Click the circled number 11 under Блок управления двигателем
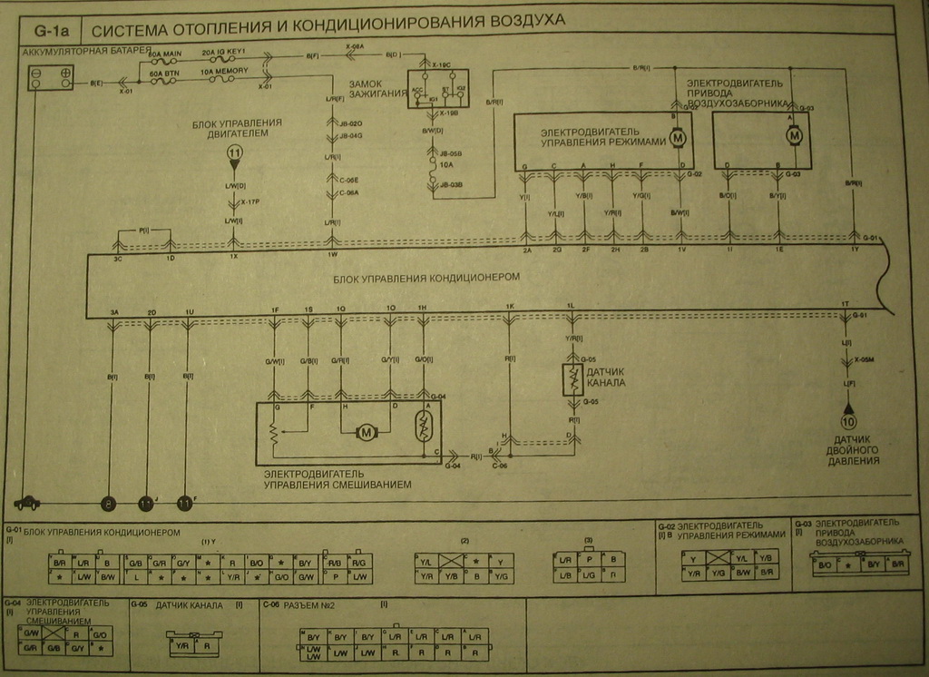click(234, 154)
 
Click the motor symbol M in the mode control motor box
click(676, 138)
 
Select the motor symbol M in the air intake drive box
click(794, 135)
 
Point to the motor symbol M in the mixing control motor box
click(367, 432)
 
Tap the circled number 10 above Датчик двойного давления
click(848, 421)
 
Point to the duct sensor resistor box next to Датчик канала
click(572, 380)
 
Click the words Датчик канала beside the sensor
click(606, 377)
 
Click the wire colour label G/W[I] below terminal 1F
click(274, 362)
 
